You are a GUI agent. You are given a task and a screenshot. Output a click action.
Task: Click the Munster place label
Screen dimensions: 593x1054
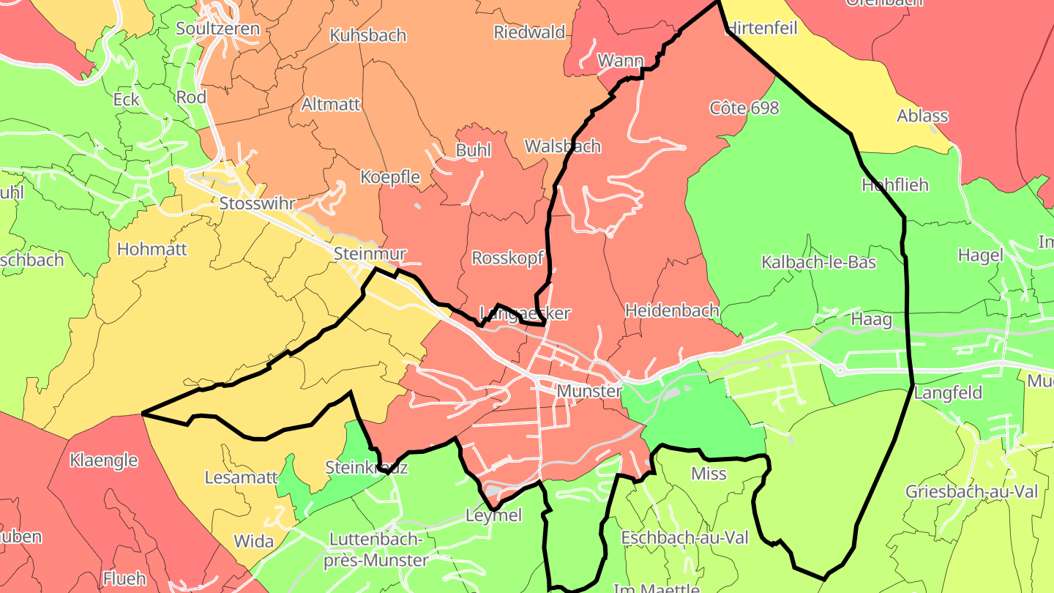click(589, 391)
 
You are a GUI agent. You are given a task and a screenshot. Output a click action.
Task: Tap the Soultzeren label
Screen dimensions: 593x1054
click(217, 29)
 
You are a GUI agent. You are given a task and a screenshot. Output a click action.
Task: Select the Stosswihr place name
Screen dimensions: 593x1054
click(257, 204)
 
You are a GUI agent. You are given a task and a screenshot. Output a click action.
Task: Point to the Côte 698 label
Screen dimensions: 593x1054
click(744, 108)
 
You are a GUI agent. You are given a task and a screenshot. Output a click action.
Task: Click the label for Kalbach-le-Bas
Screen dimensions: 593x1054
click(818, 262)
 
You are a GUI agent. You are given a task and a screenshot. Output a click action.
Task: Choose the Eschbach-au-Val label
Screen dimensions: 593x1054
click(684, 537)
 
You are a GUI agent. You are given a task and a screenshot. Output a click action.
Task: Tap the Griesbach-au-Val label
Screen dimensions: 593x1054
click(971, 491)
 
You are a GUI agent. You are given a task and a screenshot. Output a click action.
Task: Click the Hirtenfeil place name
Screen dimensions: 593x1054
click(761, 29)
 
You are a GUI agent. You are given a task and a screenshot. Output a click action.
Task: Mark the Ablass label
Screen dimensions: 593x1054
click(922, 116)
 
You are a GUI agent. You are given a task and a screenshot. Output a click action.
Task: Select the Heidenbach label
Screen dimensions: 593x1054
click(672, 310)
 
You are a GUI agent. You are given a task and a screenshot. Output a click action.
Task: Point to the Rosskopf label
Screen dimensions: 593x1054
click(507, 258)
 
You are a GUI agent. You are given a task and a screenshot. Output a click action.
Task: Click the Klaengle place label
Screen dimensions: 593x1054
click(104, 460)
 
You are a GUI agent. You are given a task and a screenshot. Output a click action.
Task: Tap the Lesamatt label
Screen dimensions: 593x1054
click(241, 478)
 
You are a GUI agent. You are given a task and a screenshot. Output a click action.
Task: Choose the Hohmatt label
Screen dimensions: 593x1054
click(152, 249)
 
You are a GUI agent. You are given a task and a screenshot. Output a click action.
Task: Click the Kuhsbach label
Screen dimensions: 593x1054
click(367, 35)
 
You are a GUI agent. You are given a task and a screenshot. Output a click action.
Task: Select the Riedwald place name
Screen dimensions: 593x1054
click(529, 31)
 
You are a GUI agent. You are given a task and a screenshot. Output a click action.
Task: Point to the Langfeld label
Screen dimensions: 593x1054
click(948, 392)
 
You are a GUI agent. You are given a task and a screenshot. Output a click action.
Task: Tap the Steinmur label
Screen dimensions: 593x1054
click(369, 254)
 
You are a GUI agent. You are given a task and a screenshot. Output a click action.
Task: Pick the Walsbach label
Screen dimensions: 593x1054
click(562, 146)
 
